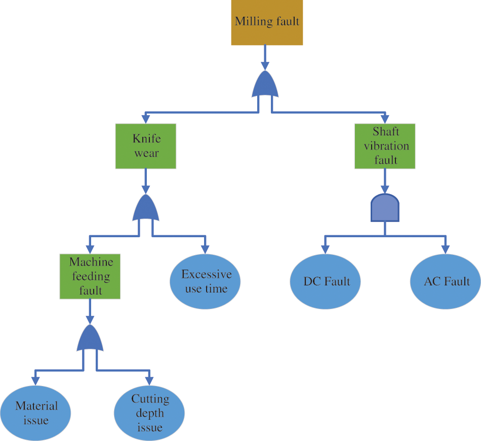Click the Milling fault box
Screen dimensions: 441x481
pyautogui.click(x=267, y=22)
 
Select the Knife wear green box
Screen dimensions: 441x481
pyautogui.click(x=146, y=146)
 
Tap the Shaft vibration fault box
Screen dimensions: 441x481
pyautogui.click(x=385, y=146)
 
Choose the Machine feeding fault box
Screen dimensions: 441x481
pyautogui.click(x=90, y=276)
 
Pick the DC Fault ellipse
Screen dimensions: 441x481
pyautogui.click(x=326, y=282)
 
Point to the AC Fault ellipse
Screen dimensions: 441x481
pyautogui.click(x=446, y=282)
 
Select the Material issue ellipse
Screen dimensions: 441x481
pyautogui.click(x=35, y=413)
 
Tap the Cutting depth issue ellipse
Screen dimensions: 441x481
pyautogui.click(x=149, y=413)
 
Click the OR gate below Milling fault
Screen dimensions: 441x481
pyautogui.click(x=265, y=85)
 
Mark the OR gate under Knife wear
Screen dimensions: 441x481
pyautogui.click(x=146, y=208)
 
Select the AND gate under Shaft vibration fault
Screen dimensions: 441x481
pyautogui.click(x=385, y=208)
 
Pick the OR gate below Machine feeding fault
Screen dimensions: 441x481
pyautogui.click(x=90, y=339)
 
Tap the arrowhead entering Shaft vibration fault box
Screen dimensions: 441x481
pyautogui.click(x=385, y=119)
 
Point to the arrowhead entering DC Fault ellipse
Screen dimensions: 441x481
pyautogui.click(x=325, y=249)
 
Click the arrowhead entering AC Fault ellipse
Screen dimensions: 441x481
pyautogui.click(x=445, y=249)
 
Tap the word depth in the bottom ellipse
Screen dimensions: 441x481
pyautogui.click(x=150, y=413)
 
